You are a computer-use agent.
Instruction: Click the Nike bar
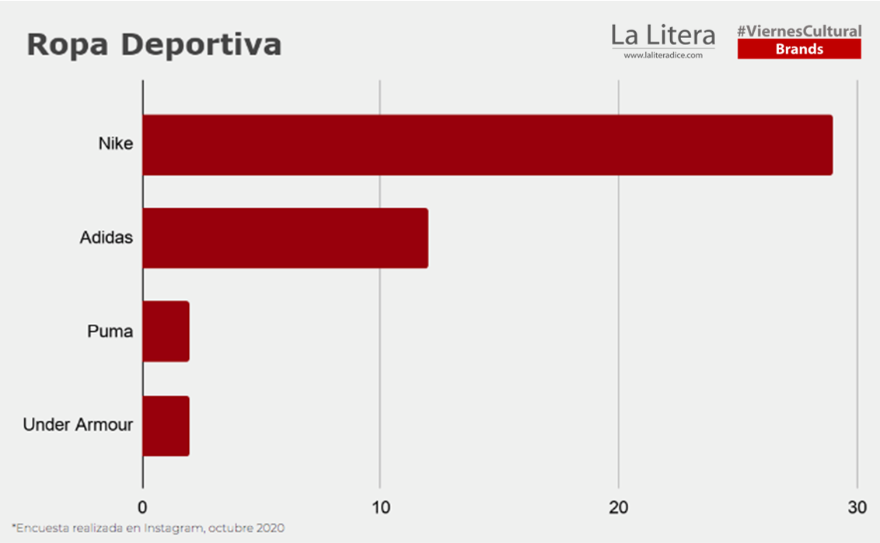pyautogui.click(x=487, y=145)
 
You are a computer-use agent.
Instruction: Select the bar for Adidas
pyautogui.click(x=285, y=238)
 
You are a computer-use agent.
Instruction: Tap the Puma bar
pyautogui.click(x=166, y=332)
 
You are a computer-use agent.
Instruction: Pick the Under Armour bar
pyautogui.click(x=166, y=426)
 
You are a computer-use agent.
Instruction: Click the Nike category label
pyautogui.click(x=116, y=144)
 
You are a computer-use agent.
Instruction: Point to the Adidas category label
pyautogui.click(x=107, y=238)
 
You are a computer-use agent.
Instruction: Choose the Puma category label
pyautogui.click(x=110, y=332)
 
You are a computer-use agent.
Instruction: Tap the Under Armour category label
pyautogui.click(x=78, y=426)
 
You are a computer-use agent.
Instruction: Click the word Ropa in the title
pyautogui.click(x=66, y=45)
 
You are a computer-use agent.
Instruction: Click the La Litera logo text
pyautogui.click(x=663, y=35)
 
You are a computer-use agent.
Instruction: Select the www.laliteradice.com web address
pyautogui.click(x=663, y=55)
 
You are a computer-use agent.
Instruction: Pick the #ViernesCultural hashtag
pyautogui.click(x=799, y=31)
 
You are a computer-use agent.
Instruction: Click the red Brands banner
pyautogui.click(x=799, y=50)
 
